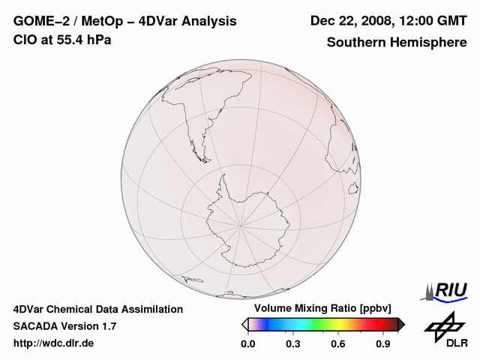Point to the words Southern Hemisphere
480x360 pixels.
pyautogui.click(x=396, y=42)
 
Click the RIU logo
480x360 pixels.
pyautogui.click(x=446, y=291)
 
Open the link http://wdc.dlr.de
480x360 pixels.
pyautogui.click(x=55, y=343)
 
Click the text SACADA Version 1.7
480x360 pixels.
pyautogui.click(x=64, y=326)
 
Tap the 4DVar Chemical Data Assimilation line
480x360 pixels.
pyautogui.click(x=98, y=309)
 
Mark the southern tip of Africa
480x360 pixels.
pyautogui.click(x=352, y=169)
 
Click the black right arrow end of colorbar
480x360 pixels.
pyautogui.click(x=400, y=324)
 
